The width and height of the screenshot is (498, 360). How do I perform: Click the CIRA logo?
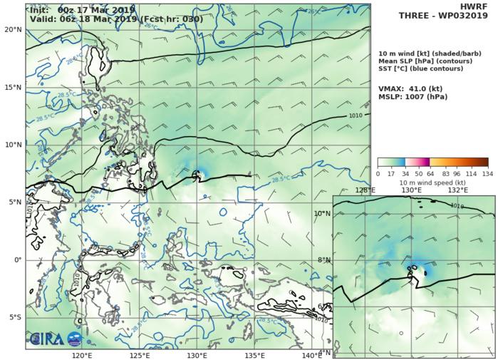pyautogui.click(x=56, y=339)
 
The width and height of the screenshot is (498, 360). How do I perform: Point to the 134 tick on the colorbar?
pyautogui.click(x=489, y=173)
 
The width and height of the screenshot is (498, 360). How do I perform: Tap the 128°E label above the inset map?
pyautogui.click(x=365, y=190)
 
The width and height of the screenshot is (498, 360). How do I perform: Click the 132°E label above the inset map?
pyautogui.click(x=457, y=190)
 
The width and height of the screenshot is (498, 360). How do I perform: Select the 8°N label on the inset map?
pyautogui.click(x=325, y=260)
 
